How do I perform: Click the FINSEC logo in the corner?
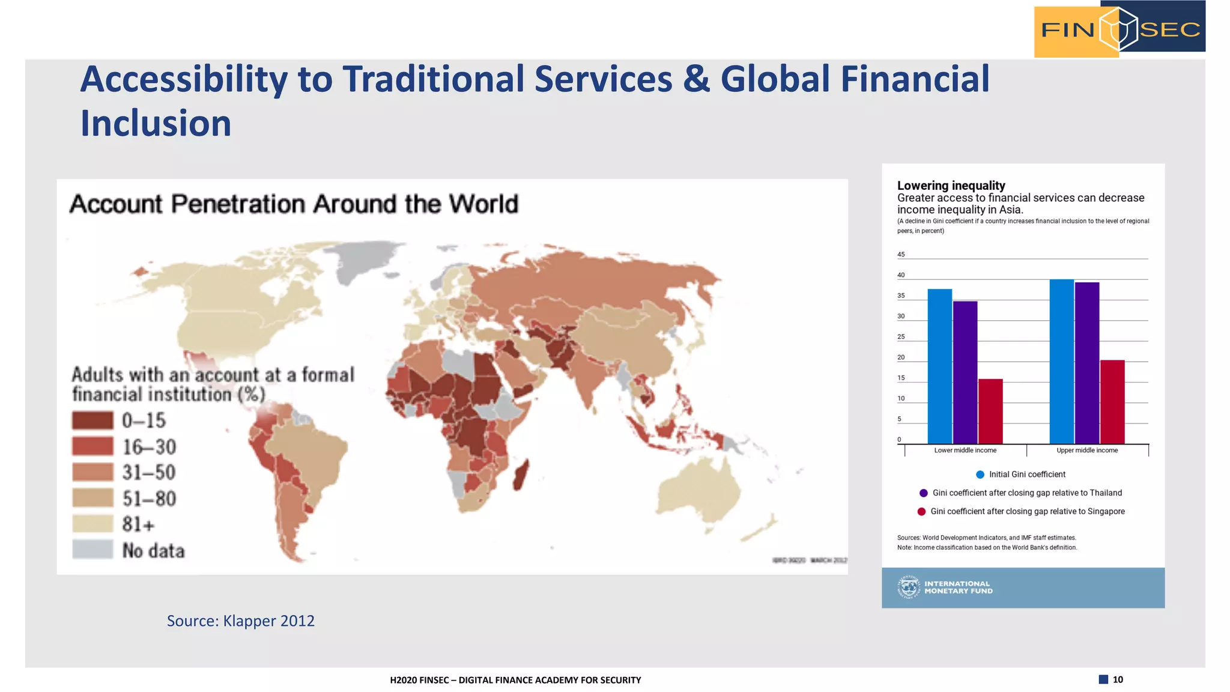click(1119, 29)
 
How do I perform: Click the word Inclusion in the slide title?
click(156, 124)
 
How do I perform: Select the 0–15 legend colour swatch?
click(92, 420)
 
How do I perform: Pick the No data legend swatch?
click(92, 550)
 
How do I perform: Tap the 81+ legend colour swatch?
click(92, 524)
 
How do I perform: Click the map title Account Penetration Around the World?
click(294, 204)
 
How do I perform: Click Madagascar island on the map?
click(521, 475)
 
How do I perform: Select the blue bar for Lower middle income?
click(939, 366)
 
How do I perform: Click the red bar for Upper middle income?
click(1112, 402)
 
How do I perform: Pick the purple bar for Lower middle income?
click(965, 372)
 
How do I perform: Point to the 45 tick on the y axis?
click(901, 255)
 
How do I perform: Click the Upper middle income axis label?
click(1087, 451)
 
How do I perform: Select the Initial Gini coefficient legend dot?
click(980, 475)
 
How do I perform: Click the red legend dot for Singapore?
click(921, 512)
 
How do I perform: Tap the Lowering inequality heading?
click(951, 186)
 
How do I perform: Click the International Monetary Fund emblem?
click(909, 587)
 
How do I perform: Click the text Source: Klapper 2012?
click(240, 621)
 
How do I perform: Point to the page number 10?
click(1117, 679)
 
